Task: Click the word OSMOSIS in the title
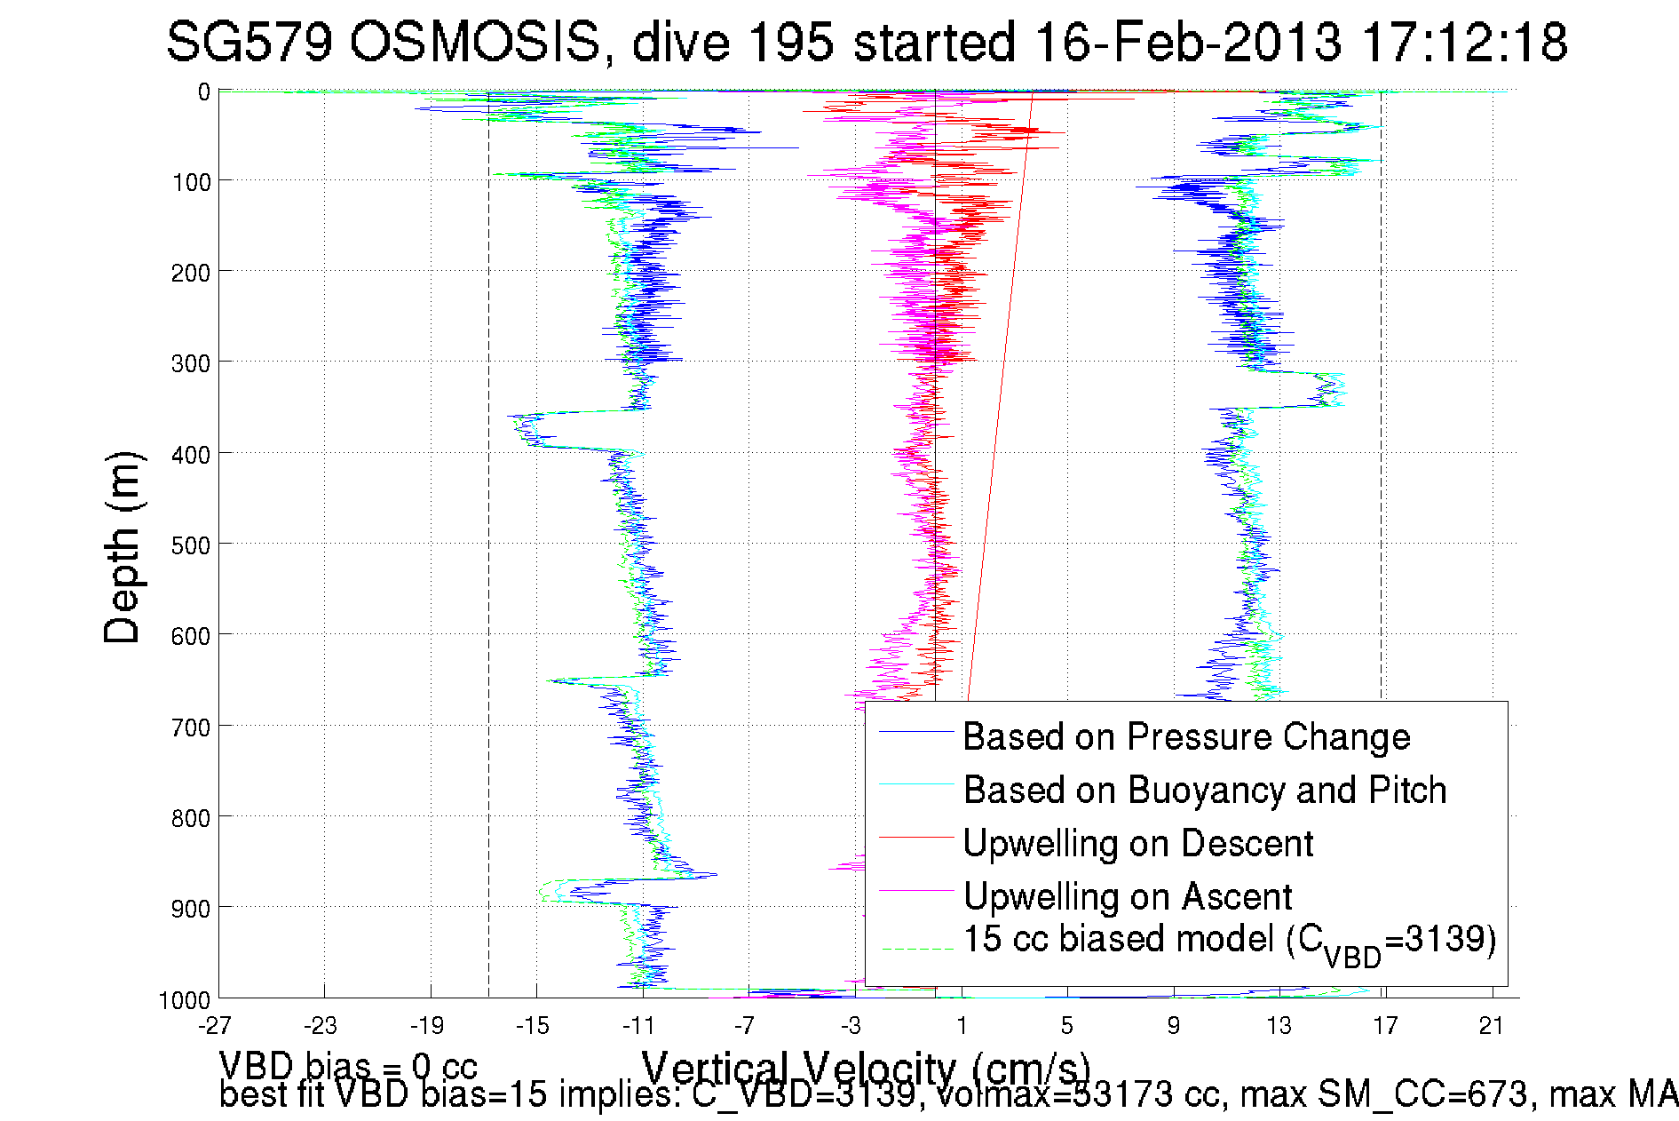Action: (474, 42)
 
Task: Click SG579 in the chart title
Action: (249, 42)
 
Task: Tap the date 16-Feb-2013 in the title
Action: (1188, 42)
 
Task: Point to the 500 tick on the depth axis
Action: (190, 545)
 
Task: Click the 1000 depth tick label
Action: (185, 1000)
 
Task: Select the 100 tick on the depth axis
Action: (190, 182)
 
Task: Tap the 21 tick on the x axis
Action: (1491, 1026)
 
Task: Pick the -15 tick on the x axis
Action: (533, 1026)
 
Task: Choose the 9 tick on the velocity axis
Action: (1173, 1026)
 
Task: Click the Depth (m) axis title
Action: (123, 548)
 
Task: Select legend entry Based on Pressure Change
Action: (1186, 737)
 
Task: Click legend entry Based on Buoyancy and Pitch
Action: (1205, 790)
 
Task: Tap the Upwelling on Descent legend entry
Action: (1138, 843)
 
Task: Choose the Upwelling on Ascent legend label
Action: (1128, 896)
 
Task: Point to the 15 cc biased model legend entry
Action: (1230, 941)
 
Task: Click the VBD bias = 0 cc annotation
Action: (348, 1065)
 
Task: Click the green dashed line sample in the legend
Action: (916, 949)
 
